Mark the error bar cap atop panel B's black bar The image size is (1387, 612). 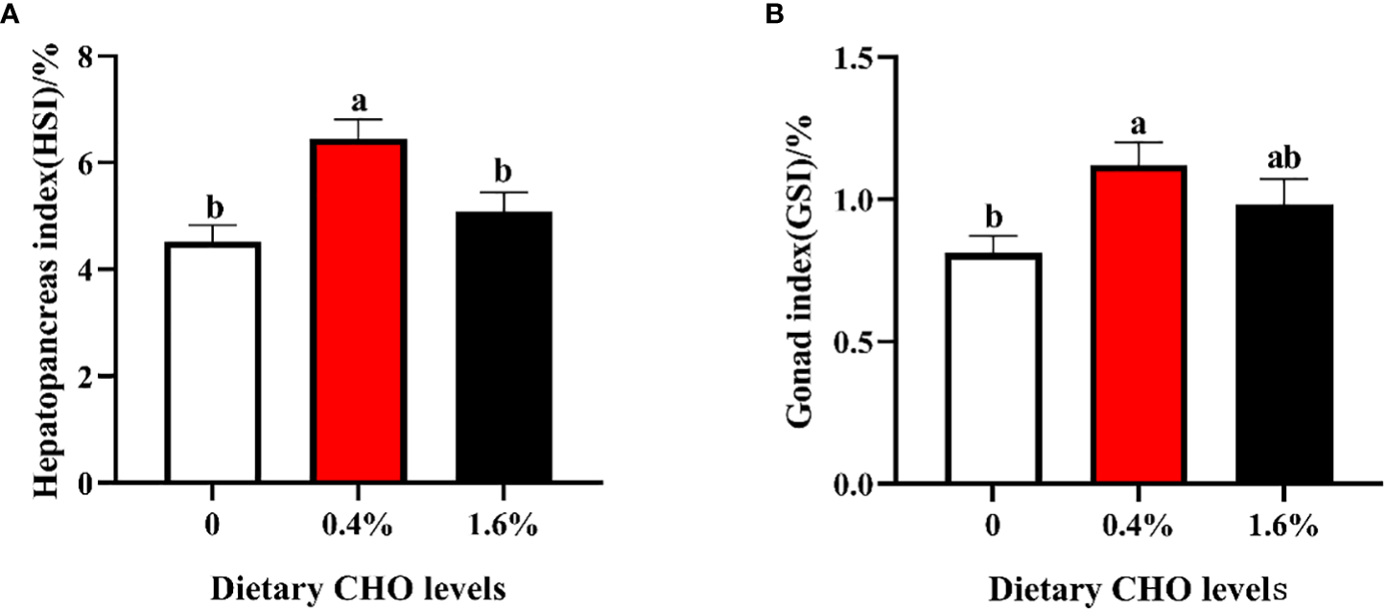[x=1284, y=179]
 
